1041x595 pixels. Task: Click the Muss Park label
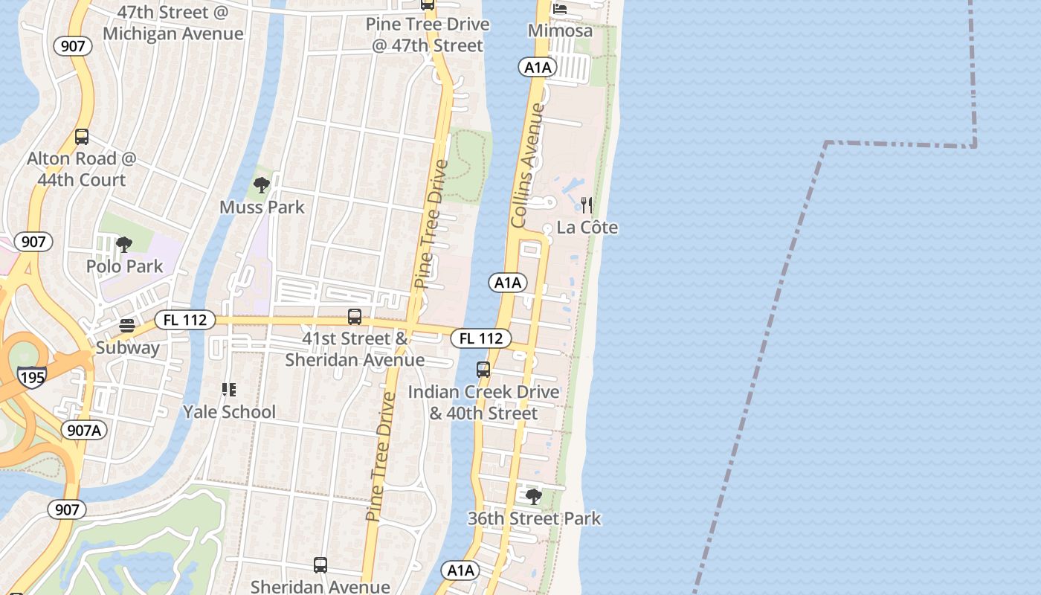click(x=262, y=207)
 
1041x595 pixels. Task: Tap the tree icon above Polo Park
click(x=124, y=244)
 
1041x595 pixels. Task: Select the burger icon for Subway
click(x=127, y=326)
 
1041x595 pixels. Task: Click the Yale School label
click(x=229, y=412)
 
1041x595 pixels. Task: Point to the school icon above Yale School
click(x=229, y=390)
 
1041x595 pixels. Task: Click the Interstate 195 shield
click(x=33, y=376)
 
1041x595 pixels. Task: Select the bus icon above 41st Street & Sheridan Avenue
click(x=355, y=317)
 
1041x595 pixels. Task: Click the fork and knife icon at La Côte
click(x=587, y=205)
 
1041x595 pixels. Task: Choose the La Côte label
click(x=587, y=228)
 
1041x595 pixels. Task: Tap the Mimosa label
click(x=560, y=30)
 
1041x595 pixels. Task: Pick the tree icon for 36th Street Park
click(x=533, y=496)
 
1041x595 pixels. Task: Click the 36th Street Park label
click(x=534, y=518)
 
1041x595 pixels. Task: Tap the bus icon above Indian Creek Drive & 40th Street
click(x=483, y=370)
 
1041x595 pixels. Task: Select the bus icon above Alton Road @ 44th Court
click(x=82, y=137)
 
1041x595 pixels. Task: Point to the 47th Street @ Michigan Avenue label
click(x=173, y=23)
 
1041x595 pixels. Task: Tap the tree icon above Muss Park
click(x=261, y=184)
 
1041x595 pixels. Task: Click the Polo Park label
click(x=124, y=266)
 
